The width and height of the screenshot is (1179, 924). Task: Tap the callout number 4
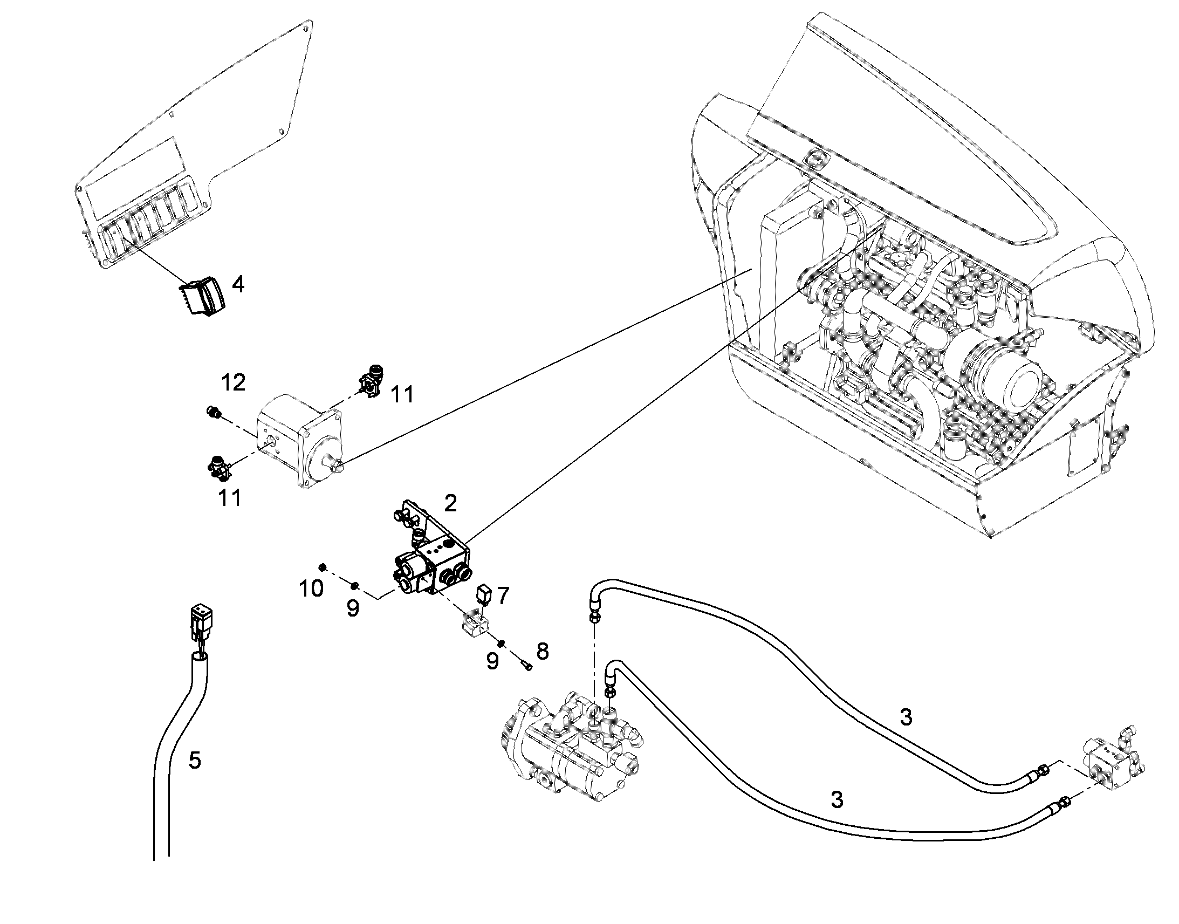coord(238,284)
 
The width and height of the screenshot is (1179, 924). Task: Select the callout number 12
coord(234,383)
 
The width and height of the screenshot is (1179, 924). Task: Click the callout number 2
coord(450,504)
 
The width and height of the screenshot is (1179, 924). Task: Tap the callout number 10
coord(312,588)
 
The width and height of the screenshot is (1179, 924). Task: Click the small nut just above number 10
coord(322,566)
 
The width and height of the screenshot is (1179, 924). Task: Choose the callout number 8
coord(543,652)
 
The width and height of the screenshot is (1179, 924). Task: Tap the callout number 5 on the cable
coord(195,761)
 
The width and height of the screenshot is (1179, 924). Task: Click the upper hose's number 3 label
coord(906,717)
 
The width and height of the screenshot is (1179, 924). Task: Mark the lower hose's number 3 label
coord(837,799)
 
